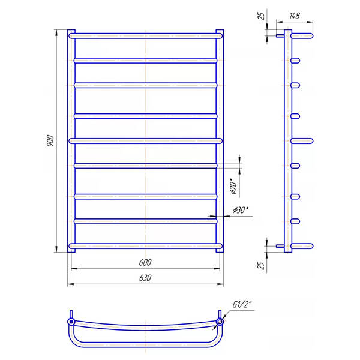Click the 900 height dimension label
tap(50, 141)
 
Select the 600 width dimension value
tap(145, 262)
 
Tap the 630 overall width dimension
tap(145, 278)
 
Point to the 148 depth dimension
tap(295, 16)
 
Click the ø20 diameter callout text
tap(233, 186)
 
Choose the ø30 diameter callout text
tap(241, 210)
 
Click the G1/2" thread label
tap(242, 304)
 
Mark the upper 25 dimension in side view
tap(262, 16)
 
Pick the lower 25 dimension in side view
tap(261, 265)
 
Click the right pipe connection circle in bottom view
tap(220, 322)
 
